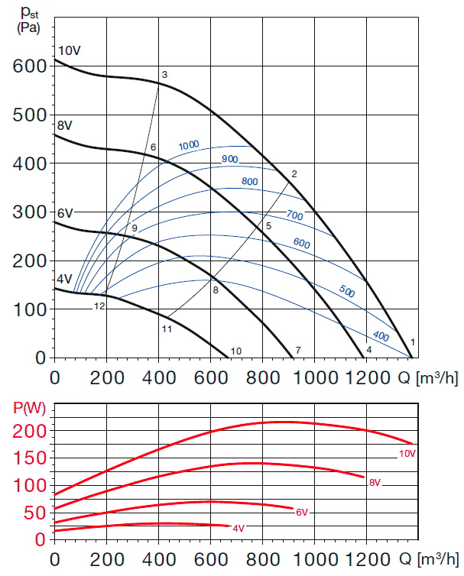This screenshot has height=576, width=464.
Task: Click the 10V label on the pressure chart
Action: (68, 50)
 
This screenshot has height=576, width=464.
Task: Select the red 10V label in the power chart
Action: (407, 454)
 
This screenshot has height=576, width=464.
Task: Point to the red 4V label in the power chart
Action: (238, 528)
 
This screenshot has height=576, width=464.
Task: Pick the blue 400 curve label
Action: (380, 337)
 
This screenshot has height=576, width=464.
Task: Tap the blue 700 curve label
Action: (294, 216)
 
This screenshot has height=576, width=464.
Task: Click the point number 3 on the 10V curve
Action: (164, 74)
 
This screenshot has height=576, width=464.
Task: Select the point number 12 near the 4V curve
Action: (99, 306)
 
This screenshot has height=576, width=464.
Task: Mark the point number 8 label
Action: (216, 290)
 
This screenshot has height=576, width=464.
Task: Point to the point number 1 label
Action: (413, 341)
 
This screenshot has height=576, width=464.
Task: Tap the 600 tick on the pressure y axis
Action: (29, 66)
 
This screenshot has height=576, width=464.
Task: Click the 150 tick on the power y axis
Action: (29, 458)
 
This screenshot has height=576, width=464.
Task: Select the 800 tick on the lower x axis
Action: (262, 557)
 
